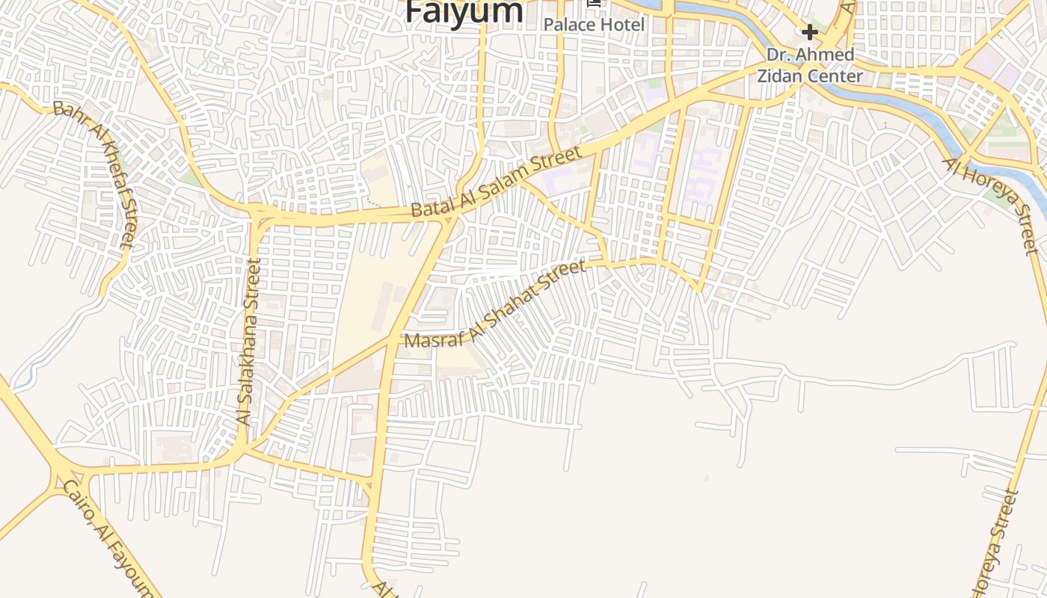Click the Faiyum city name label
click(464, 11)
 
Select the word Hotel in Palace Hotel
click(621, 25)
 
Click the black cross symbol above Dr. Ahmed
click(809, 32)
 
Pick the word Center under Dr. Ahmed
click(838, 75)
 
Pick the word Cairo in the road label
click(77, 502)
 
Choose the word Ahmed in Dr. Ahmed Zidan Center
click(827, 55)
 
